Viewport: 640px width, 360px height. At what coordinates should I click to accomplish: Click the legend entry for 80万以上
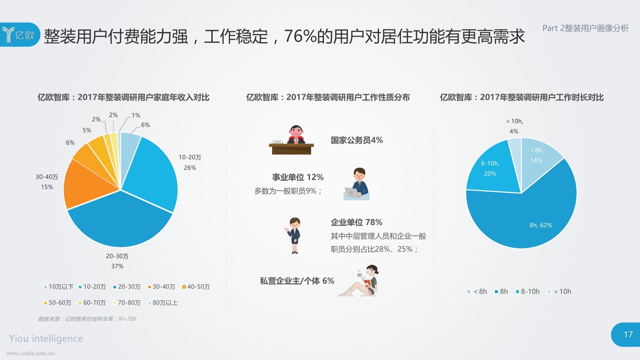[163, 303]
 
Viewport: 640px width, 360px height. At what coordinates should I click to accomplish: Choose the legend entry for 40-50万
[196, 287]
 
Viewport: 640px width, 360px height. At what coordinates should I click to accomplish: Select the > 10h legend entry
[559, 291]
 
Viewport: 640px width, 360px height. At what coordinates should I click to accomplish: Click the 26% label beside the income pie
[190, 168]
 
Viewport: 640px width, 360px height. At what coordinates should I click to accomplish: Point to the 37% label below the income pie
[117, 266]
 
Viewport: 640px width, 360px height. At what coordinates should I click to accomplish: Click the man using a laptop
[357, 184]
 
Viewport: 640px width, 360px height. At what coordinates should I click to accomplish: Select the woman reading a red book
[359, 281]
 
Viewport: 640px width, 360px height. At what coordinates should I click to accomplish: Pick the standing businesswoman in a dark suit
[294, 236]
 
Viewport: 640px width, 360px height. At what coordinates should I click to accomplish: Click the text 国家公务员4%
[357, 140]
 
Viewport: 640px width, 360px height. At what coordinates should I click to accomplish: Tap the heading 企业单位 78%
[356, 222]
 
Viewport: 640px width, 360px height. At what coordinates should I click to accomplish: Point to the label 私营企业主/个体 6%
[297, 281]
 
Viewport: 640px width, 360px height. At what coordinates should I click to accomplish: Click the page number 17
[628, 335]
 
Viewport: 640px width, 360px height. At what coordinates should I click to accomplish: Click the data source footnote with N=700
[87, 319]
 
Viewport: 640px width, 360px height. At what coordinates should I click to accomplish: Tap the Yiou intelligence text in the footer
[46, 339]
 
